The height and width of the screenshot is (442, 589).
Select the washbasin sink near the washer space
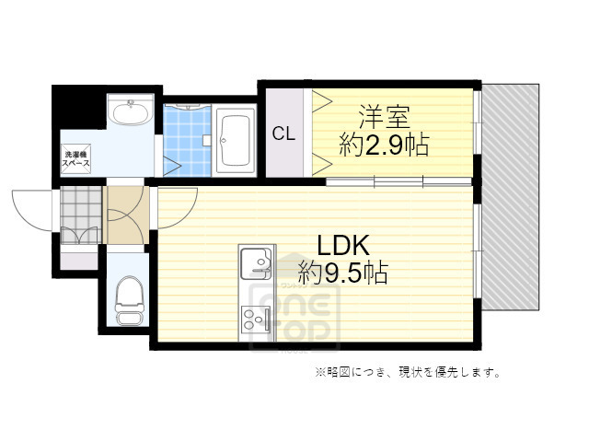click(130, 114)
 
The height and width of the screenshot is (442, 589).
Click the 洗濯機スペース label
click(75, 157)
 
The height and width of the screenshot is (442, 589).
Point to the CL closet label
click(283, 133)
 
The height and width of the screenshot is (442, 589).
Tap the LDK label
click(343, 245)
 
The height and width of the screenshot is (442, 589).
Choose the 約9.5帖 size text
click(343, 272)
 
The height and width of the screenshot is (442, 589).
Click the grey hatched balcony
click(510, 198)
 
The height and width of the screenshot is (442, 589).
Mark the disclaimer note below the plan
click(408, 372)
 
